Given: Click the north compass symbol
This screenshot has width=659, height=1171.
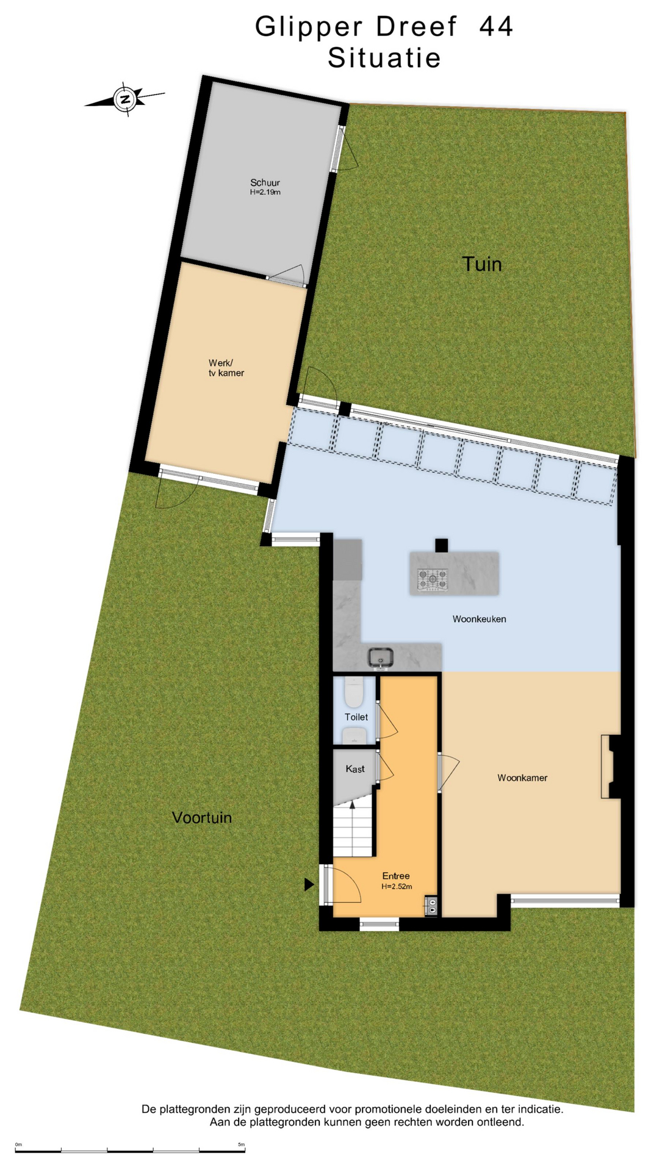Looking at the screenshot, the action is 125,99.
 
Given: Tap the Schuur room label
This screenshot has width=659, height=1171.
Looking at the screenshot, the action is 265,182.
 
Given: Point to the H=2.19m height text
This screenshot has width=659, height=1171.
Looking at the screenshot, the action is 265,192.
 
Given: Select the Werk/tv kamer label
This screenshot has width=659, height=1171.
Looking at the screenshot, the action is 226,368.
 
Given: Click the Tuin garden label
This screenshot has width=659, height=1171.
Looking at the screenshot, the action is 481,264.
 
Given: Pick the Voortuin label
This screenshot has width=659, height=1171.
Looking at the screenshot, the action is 202,817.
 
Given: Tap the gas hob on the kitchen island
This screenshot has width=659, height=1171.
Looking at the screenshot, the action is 433,579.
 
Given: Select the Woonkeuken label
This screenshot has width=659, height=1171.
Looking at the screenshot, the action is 479,619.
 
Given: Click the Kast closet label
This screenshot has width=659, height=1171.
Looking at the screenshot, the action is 355,769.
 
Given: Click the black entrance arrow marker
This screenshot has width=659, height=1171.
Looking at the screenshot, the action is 309,884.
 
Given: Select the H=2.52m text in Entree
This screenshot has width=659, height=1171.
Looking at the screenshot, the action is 397,887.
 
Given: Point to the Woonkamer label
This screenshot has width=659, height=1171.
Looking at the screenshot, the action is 522,778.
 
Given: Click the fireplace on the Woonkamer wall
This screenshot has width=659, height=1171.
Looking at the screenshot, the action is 611,767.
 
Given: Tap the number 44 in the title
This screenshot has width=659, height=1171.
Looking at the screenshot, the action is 496,27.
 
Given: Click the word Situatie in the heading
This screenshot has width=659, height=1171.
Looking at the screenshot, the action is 384,58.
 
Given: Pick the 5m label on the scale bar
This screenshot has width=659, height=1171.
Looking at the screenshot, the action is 241,1145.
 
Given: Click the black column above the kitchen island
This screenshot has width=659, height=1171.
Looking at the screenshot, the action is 441,545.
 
